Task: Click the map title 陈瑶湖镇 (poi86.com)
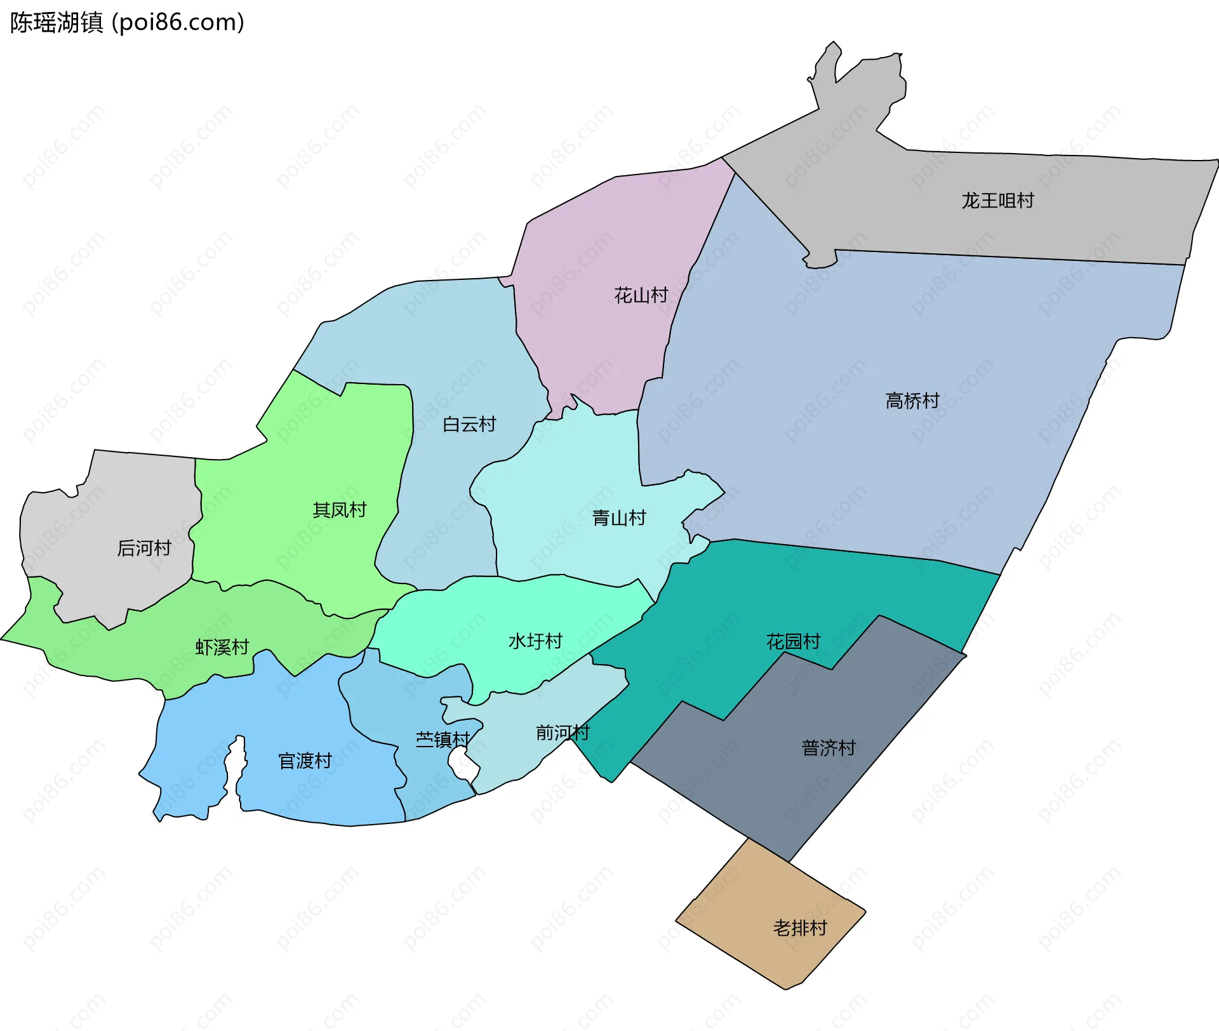pyautogui.click(x=127, y=23)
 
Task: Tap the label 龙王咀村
pyautogui.click(x=997, y=201)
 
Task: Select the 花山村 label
pyautogui.click(x=641, y=295)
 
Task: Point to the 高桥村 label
pyautogui.click(x=912, y=401)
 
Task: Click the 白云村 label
pyautogui.click(x=469, y=424)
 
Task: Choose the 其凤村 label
pyautogui.click(x=340, y=510)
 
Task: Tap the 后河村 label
pyautogui.click(x=144, y=548)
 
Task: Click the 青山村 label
pyautogui.click(x=619, y=518)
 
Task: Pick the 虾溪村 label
pyautogui.click(x=222, y=647)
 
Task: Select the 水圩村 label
pyautogui.click(x=535, y=641)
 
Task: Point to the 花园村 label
pyautogui.click(x=794, y=641)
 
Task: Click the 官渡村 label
pyautogui.click(x=305, y=761)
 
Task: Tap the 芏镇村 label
pyautogui.click(x=443, y=740)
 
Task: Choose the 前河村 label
pyautogui.click(x=563, y=733)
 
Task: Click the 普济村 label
pyautogui.click(x=829, y=748)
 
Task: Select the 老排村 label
pyautogui.click(x=800, y=928)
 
